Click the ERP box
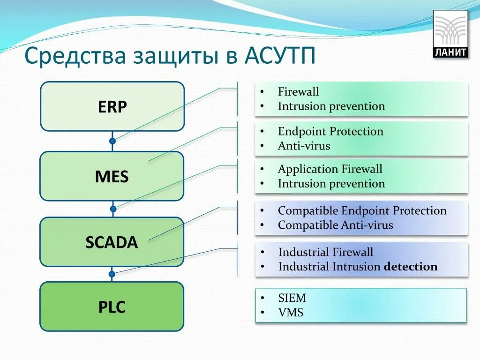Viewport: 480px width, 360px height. (112, 107)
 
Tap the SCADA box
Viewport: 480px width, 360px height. (112, 242)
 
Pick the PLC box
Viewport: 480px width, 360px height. (112, 307)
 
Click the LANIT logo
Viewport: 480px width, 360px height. (450, 34)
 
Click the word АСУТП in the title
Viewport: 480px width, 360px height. (280, 56)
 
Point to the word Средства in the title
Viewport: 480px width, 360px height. (75, 56)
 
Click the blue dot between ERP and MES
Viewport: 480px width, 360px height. (112, 141)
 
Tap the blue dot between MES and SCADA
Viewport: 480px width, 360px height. (112, 209)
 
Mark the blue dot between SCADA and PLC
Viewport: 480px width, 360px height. (112, 274)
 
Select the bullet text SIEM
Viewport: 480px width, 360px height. (292, 298)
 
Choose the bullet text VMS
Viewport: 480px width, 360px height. (291, 312)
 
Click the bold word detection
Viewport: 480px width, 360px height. (410, 267)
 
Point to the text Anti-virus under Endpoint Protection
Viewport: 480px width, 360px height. (304, 146)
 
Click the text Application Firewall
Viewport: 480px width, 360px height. (330, 169)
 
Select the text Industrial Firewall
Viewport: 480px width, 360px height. (326, 252)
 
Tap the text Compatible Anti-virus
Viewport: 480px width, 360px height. (335, 225)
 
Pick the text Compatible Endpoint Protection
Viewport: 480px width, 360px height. (362, 210)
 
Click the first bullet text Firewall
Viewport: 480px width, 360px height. (298, 91)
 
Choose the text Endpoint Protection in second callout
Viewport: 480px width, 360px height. (330, 131)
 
